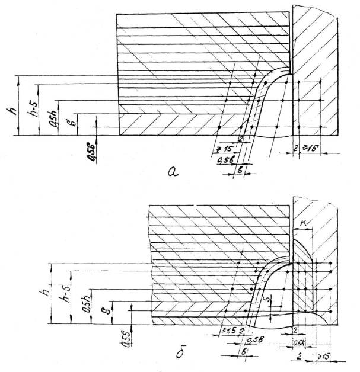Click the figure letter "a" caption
click(x=172, y=172)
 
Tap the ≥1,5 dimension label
click(x=226, y=329)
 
